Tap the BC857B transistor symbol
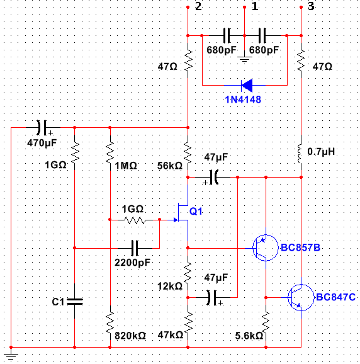[265, 247]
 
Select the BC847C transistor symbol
[301, 297]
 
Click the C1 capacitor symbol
[74, 302]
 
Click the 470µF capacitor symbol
[42, 127]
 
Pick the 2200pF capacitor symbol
[135, 248]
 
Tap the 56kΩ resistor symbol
[188, 152]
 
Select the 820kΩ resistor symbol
[110, 322]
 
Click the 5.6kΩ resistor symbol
[266, 322]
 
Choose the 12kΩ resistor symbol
[188, 273]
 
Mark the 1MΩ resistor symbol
[110, 152]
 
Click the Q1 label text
[196, 211]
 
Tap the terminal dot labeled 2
[188, 8]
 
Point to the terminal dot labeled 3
[301, 8]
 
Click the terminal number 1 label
[255, 6]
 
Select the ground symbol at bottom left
[11, 356]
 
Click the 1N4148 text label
[243, 100]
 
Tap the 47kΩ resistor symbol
[188, 322]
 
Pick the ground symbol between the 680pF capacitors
[244, 59]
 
